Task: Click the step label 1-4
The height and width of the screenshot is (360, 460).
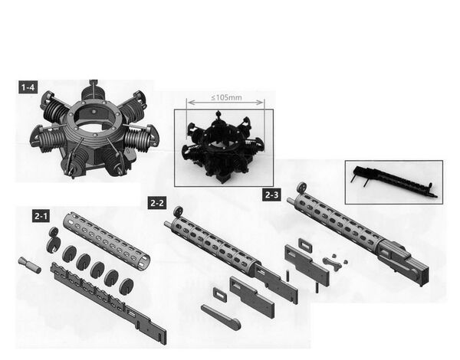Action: tap(28, 87)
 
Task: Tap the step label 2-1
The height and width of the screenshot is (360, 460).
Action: tap(41, 216)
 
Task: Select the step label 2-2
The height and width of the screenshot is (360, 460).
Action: tap(157, 203)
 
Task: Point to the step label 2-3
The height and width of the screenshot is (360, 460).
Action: tap(271, 195)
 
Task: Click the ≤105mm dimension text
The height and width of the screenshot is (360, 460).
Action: tap(226, 97)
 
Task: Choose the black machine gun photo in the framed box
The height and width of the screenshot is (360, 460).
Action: tap(395, 182)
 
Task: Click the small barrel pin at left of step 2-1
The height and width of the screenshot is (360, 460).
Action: tap(30, 265)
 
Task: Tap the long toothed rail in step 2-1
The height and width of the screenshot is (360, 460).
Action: tap(109, 302)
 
